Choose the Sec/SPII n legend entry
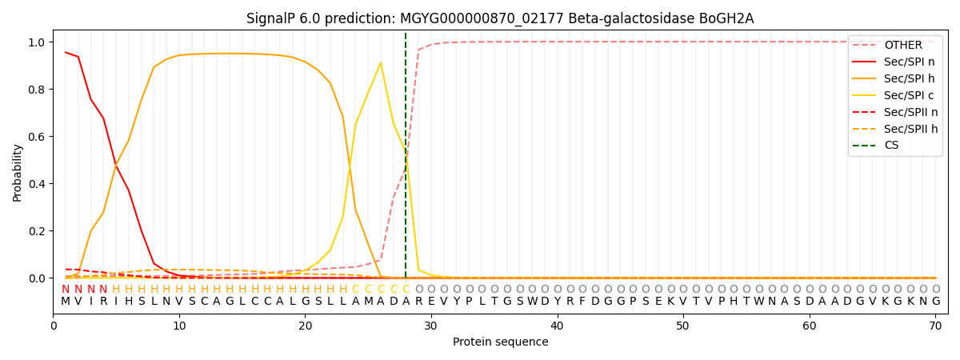895,112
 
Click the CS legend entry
875,146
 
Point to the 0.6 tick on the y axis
37,137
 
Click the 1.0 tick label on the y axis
37,42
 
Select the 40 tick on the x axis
557,326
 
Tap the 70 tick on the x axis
935,326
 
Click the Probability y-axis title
17,173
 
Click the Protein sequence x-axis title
501,342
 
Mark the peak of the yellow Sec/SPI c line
381,63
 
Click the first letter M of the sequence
65,302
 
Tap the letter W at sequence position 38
532,302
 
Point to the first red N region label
65,289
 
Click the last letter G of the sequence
936,302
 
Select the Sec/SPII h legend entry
895,129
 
